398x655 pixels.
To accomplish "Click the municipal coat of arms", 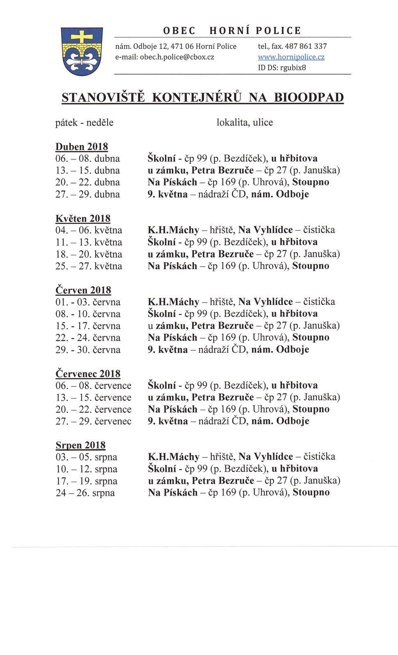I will coord(82,51).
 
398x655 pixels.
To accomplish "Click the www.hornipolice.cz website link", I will coord(291,57).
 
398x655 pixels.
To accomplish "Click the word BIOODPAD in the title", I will coord(308,97).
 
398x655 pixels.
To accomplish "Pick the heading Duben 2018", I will coord(82,147).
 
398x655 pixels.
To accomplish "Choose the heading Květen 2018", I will coord(83,218).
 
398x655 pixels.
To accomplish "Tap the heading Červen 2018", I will coord(83,290).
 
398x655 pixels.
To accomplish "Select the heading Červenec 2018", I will coord(88,374).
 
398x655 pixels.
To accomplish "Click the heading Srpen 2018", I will coord(80,445).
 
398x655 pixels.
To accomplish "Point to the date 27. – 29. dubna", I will coord(87,194).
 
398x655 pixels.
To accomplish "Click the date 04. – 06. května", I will coord(89,230).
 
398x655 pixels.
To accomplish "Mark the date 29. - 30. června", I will coord(88,350).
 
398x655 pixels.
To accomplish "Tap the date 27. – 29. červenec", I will coord(93,421).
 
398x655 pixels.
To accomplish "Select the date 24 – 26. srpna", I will coord(85,493).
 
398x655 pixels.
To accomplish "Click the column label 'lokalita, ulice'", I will coord(244,122).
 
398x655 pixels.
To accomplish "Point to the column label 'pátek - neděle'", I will coord(84,122).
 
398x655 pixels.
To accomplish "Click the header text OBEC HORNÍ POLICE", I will coord(232,31).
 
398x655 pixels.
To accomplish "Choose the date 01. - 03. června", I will coord(88,302).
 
